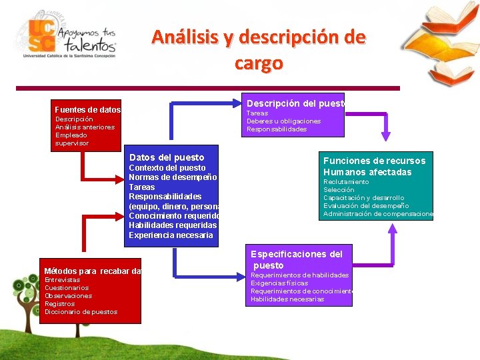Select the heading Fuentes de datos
(87, 109)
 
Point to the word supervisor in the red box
(72, 143)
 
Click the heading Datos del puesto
(166, 157)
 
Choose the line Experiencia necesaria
(171, 235)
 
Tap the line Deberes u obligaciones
(283, 121)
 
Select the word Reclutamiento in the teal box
(346, 182)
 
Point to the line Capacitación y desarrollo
(363, 198)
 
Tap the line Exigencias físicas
(279, 283)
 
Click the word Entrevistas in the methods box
(62, 280)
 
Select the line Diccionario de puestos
(81, 312)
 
